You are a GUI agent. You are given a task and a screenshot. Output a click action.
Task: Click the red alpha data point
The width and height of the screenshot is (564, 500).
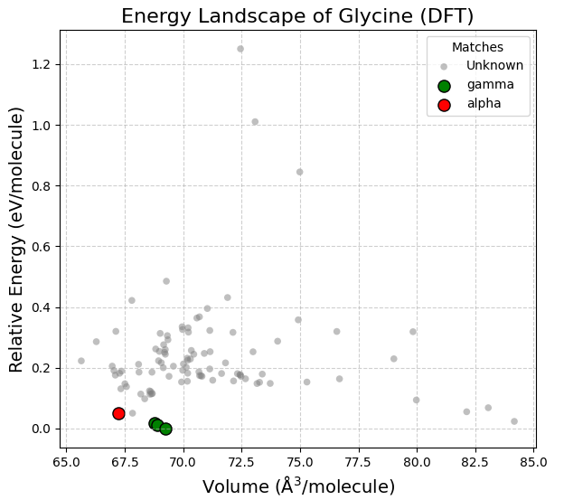(118, 413)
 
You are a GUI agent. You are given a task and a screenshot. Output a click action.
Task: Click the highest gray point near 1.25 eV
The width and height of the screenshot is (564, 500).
(240, 49)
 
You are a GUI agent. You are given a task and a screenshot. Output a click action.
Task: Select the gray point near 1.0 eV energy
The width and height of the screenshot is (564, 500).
(255, 122)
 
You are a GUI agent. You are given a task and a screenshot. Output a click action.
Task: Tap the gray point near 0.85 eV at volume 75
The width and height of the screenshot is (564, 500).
(300, 172)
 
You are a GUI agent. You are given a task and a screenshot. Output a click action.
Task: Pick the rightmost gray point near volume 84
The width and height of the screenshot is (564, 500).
(514, 421)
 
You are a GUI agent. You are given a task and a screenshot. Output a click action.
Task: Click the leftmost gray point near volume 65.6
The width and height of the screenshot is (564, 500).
(81, 361)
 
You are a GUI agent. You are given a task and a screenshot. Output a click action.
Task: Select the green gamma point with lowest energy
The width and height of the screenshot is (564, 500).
(165, 429)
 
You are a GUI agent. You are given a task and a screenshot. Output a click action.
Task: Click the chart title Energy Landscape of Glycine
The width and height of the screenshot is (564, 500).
(297, 16)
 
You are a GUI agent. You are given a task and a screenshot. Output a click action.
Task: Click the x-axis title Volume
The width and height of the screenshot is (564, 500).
(298, 486)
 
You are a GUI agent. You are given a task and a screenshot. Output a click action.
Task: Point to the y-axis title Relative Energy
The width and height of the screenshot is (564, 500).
(16, 239)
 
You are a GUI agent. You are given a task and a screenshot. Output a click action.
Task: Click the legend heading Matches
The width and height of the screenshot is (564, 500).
(478, 47)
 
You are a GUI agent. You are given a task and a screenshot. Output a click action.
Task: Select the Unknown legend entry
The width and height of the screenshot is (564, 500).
(494, 66)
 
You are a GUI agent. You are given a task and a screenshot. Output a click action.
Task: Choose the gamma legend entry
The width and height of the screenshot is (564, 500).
(490, 85)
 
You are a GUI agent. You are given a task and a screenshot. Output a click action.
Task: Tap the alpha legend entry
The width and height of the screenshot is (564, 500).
(484, 104)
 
